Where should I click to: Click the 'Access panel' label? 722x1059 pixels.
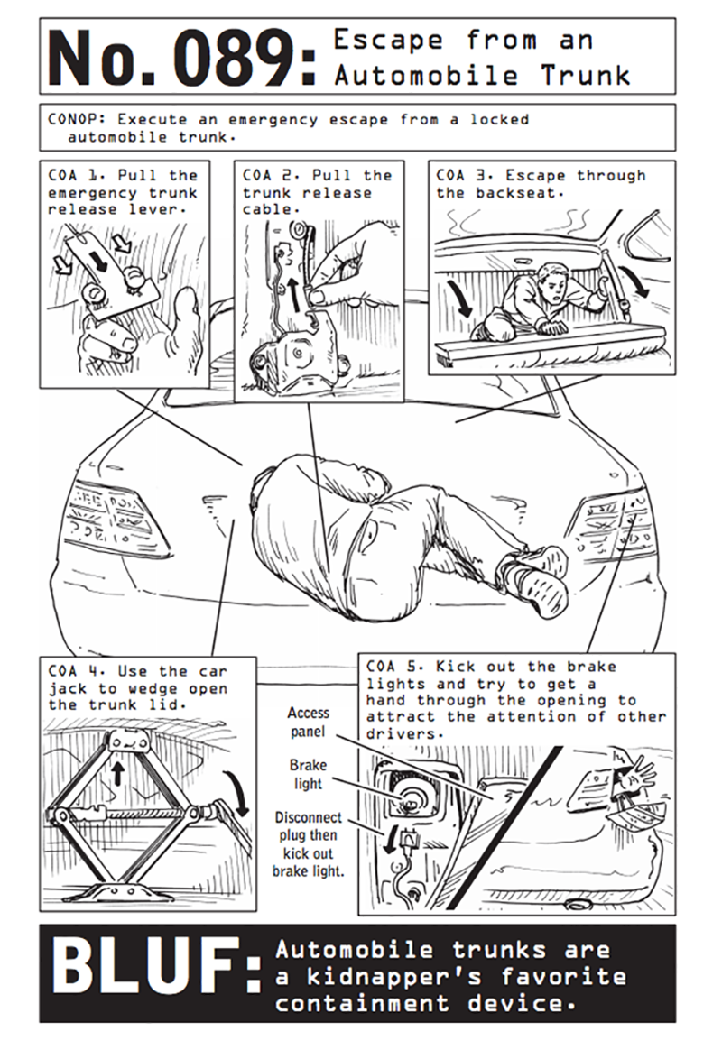309,722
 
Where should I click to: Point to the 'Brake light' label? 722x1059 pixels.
308,774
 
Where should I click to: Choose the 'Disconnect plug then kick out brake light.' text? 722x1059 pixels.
308,844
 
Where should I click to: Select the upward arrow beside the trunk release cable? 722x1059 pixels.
294,290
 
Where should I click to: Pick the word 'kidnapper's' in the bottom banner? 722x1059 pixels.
394,977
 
